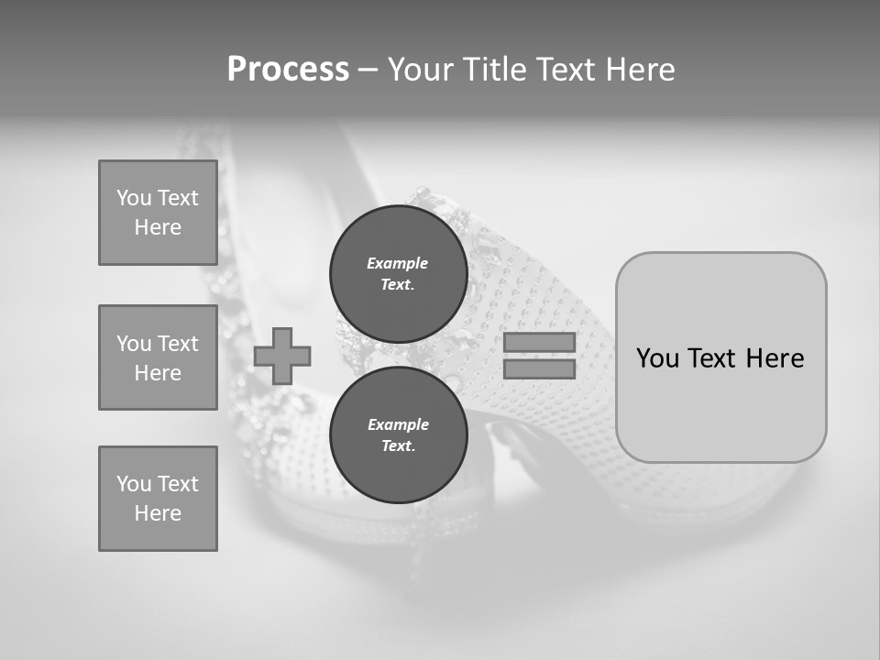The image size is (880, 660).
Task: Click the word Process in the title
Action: pyautogui.click(x=288, y=70)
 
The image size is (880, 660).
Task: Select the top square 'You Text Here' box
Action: pyautogui.click(x=158, y=213)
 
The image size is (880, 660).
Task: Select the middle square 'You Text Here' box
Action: pyautogui.click(x=158, y=357)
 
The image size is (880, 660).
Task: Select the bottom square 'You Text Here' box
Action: pyautogui.click(x=158, y=499)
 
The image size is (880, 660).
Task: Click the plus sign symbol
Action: pyautogui.click(x=282, y=356)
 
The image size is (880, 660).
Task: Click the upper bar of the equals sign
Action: pyautogui.click(x=539, y=342)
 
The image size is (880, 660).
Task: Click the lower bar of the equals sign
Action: pyautogui.click(x=539, y=368)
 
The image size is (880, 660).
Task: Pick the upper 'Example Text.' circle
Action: pyautogui.click(x=398, y=273)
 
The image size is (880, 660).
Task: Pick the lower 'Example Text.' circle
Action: pyautogui.click(x=398, y=434)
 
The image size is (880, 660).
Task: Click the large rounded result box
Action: pyautogui.click(x=720, y=357)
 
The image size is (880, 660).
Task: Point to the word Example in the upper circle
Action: pyautogui.click(x=397, y=263)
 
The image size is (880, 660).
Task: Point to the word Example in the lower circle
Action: pyautogui.click(x=398, y=424)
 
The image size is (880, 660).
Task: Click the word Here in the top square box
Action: pyautogui.click(x=158, y=227)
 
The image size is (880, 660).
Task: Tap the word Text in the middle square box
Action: pyautogui.click(x=177, y=344)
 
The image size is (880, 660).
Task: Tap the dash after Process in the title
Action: pyautogui.click(x=368, y=70)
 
